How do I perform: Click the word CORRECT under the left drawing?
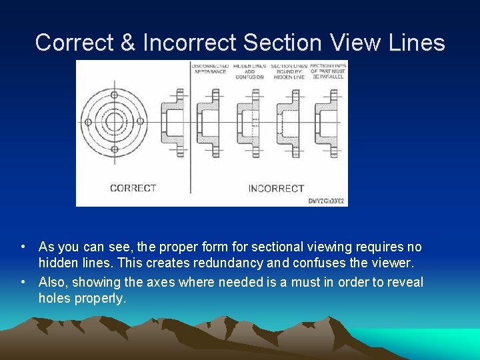pos(133,188)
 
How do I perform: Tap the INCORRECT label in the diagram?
pos(276,188)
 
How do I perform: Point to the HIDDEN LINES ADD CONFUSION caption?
pos(250,71)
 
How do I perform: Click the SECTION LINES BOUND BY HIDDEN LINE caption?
pos(289,71)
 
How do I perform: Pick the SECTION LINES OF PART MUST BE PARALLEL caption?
pos(328,71)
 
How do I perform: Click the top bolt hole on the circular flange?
pos(114,95)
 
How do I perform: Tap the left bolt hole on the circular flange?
pos(87,122)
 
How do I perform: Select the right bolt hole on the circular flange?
pos(141,122)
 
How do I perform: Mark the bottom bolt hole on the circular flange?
pos(114,149)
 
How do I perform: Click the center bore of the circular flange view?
pos(114,122)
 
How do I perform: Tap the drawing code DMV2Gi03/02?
pos(327,200)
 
